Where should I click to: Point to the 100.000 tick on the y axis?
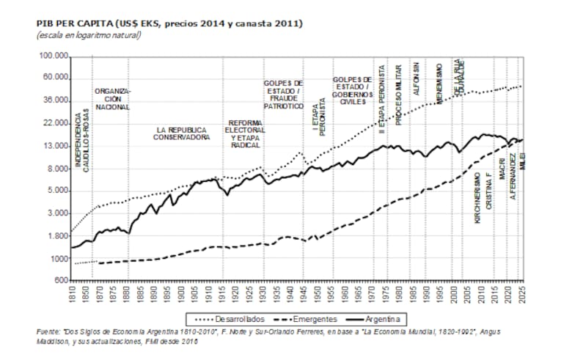(53, 56)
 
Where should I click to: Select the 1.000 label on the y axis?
(58, 258)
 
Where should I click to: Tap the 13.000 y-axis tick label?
(55, 146)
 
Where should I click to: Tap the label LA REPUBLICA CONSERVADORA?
(181, 133)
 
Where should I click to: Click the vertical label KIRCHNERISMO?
(477, 198)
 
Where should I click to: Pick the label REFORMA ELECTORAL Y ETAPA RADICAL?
(246, 133)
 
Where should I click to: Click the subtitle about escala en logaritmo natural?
(88, 34)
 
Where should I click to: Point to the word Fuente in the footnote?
(48, 332)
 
